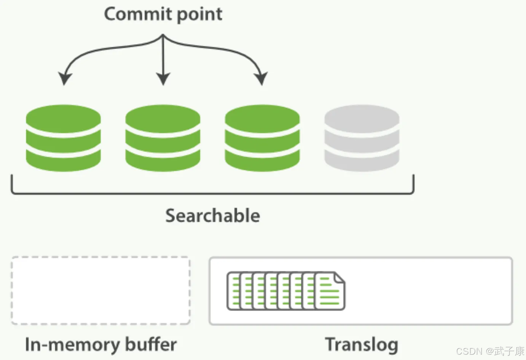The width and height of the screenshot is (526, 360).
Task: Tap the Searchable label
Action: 213,216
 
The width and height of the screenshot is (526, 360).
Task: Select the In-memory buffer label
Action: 100,344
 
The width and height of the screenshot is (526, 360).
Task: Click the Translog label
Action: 362,344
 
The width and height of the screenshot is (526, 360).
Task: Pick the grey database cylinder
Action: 362,138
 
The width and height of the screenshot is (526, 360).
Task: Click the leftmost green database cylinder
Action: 63,138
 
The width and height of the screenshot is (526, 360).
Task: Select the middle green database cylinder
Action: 163,138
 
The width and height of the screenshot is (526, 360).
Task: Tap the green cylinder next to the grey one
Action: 262,138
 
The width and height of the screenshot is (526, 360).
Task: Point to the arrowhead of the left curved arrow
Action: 65,79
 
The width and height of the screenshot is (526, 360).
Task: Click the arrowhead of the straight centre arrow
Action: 163,79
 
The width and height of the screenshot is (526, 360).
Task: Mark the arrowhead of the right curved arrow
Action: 261,79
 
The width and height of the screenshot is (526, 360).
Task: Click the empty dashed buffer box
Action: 100,290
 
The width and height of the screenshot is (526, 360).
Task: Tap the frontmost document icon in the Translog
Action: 330,292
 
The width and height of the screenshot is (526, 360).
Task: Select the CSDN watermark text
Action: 490,351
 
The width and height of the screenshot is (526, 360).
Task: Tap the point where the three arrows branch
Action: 163,36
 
